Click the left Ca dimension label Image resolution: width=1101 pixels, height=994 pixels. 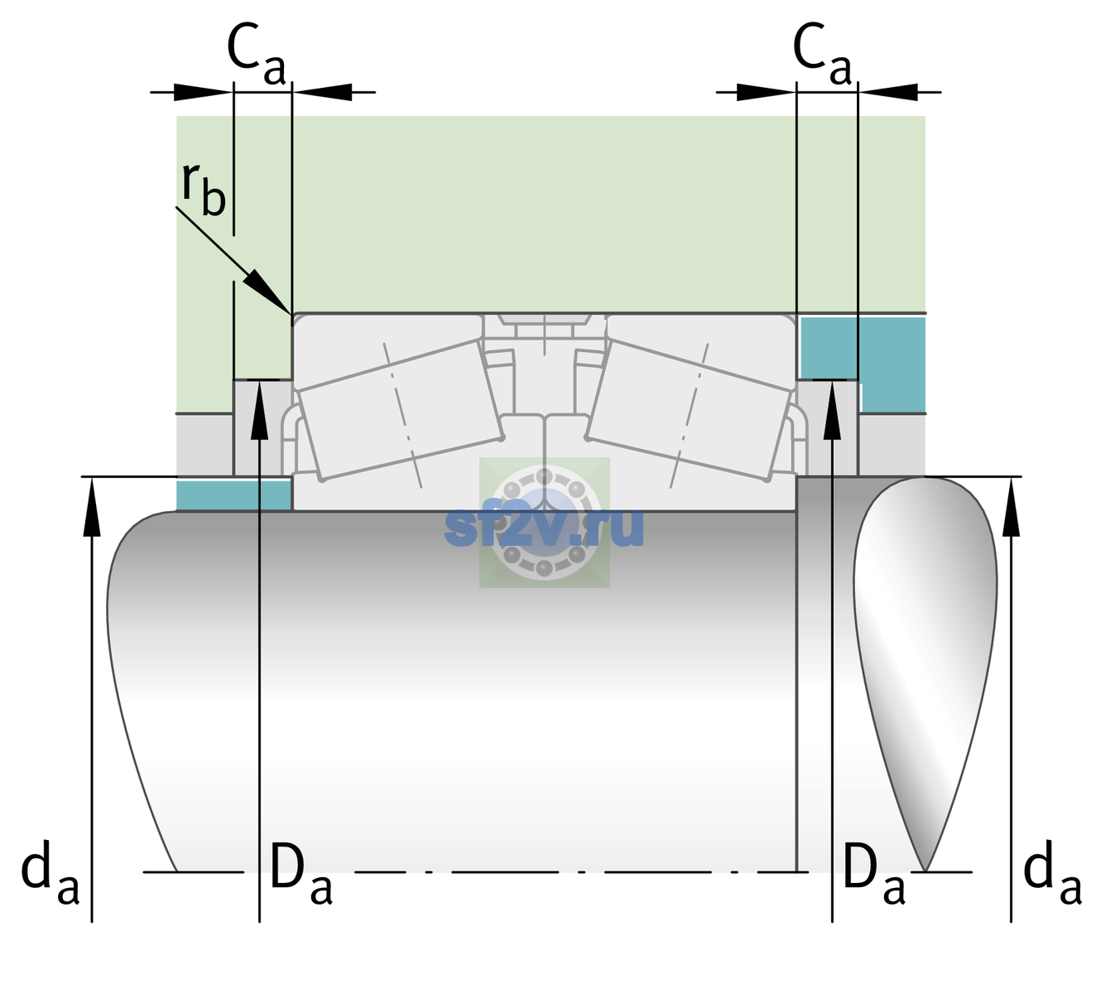click(x=257, y=54)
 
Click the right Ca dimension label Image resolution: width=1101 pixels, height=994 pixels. click(x=822, y=54)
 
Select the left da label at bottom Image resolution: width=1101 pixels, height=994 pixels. click(x=50, y=874)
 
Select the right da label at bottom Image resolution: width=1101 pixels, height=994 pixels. click(x=1052, y=874)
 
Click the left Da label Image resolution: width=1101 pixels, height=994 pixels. click(x=300, y=874)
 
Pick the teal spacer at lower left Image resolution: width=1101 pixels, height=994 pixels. click(x=233, y=495)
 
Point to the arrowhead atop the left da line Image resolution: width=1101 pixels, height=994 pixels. click(x=92, y=505)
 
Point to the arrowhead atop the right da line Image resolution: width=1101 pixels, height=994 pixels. click(x=1011, y=505)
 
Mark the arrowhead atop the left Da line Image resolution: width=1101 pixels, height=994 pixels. click(x=260, y=410)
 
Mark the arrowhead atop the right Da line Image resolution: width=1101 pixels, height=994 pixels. click(x=832, y=410)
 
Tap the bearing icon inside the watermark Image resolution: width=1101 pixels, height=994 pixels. click(x=544, y=523)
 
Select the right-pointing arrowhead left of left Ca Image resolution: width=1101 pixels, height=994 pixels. click(x=202, y=92)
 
